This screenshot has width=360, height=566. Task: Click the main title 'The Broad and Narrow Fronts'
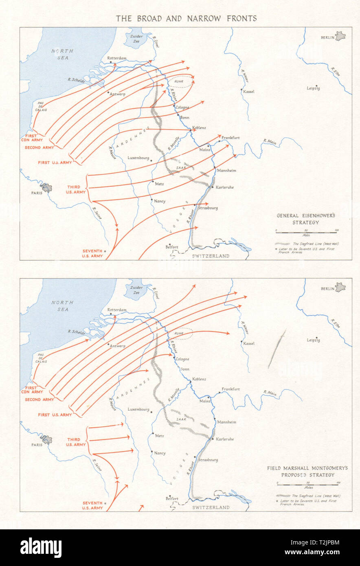(x=186, y=18)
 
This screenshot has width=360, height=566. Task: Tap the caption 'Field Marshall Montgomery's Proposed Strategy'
(x=307, y=472)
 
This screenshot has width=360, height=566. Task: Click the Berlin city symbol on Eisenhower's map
(x=340, y=36)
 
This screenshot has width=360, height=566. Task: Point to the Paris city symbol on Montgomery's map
(x=46, y=440)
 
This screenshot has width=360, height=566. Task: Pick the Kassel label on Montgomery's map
(x=248, y=344)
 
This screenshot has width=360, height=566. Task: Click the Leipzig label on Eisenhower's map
(x=313, y=88)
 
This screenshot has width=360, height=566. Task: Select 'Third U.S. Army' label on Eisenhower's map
(x=77, y=189)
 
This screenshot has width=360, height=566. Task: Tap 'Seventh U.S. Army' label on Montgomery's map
(x=92, y=505)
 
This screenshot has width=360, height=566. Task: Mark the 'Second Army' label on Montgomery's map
(x=40, y=399)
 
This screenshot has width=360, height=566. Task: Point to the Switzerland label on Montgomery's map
(x=211, y=507)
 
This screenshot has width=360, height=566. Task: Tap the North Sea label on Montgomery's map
(x=62, y=306)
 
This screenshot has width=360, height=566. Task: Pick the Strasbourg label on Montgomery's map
(x=208, y=460)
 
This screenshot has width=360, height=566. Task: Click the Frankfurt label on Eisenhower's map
(x=230, y=138)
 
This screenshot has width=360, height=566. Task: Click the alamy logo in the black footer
(x=41, y=548)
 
